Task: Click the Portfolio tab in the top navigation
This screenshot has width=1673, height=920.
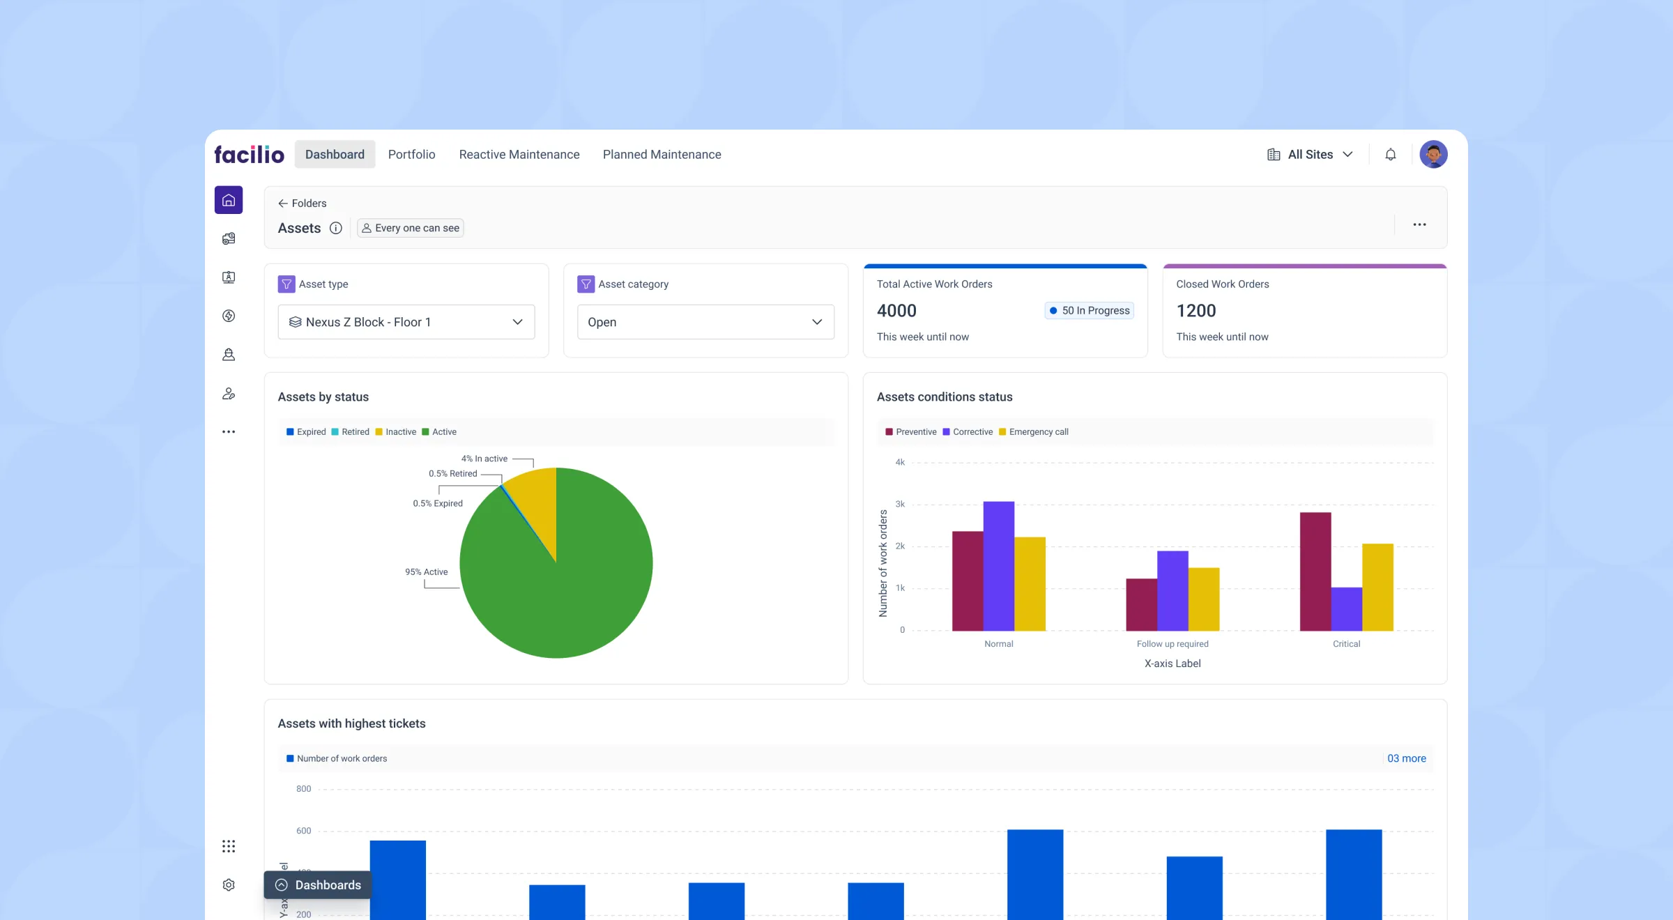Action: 411,154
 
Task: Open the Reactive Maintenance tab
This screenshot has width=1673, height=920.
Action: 519,154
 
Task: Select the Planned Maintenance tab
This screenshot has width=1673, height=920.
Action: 662,154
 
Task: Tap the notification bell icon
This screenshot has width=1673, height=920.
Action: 1390,154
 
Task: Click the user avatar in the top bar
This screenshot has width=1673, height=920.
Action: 1433,154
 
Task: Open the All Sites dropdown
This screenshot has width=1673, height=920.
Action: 1310,154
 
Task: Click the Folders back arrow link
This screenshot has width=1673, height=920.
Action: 302,203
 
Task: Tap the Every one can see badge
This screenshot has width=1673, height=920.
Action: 411,228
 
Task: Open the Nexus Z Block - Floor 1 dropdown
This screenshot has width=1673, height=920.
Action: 406,322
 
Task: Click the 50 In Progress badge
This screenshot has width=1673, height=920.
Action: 1089,310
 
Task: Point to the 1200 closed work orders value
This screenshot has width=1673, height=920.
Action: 1195,310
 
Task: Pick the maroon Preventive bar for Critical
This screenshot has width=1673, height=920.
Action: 1315,572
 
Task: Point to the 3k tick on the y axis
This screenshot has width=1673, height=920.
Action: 900,504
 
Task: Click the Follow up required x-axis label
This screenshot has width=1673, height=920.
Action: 1172,643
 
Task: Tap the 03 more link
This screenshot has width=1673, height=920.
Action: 1406,758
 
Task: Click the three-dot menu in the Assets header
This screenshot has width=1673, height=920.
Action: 1419,224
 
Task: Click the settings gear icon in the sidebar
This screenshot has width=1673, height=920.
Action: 229,884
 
